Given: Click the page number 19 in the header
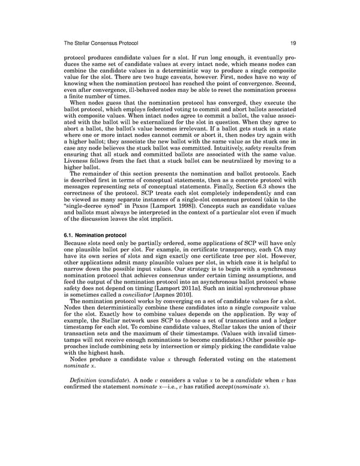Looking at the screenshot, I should coord(288,43).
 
